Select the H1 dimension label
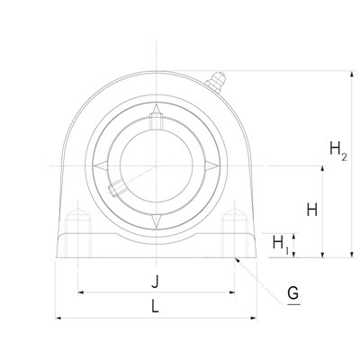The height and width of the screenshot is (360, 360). tap(281, 245)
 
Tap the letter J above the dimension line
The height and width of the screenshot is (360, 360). tap(155, 282)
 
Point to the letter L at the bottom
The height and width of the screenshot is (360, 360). tap(155, 306)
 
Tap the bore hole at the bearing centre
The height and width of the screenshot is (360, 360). tap(157, 166)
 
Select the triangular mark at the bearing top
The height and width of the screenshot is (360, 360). tap(156, 109)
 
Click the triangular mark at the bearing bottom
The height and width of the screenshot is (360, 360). tap(156, 221)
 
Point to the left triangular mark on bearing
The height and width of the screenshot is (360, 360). tap(101, 166)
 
